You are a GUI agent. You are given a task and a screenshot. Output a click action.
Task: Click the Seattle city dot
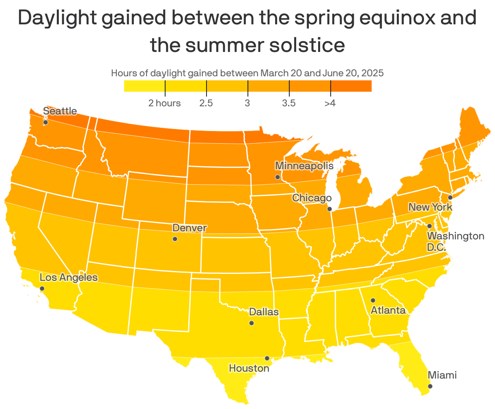click(45, 122)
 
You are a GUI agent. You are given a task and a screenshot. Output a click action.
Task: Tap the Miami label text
click(442, 375)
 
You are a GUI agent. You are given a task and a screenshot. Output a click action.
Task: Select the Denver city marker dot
click(175, 239)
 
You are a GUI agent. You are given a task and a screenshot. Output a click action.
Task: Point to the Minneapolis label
click(304, 166)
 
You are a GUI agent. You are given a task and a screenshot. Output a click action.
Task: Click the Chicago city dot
click(329, 209)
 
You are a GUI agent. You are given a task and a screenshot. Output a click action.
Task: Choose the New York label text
click(430, 207)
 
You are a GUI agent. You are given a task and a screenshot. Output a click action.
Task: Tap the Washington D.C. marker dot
click(429, 226)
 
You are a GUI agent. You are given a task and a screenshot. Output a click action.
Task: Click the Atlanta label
click(388, 310)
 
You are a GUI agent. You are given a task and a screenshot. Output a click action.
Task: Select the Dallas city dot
click(252, 323)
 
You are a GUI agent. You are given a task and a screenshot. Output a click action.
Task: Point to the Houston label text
click(249, 368)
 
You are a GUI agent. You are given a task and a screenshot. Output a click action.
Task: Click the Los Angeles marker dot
click(42, 288)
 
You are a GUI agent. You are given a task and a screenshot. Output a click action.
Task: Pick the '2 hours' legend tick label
click(164, 103)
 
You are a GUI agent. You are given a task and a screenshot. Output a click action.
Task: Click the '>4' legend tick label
click(330, 103)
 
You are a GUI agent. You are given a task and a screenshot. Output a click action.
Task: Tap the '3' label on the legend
click(247, 103)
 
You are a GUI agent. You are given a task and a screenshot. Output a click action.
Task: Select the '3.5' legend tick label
click(289, 103)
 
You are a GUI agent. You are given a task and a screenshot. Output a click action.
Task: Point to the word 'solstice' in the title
click(307, 45)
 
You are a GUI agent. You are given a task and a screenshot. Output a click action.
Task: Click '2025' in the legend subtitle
click(372, 73)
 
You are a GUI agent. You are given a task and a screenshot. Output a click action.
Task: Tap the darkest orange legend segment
click(351, 86)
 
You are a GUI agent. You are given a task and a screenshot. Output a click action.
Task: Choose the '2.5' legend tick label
click(206, 103)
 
